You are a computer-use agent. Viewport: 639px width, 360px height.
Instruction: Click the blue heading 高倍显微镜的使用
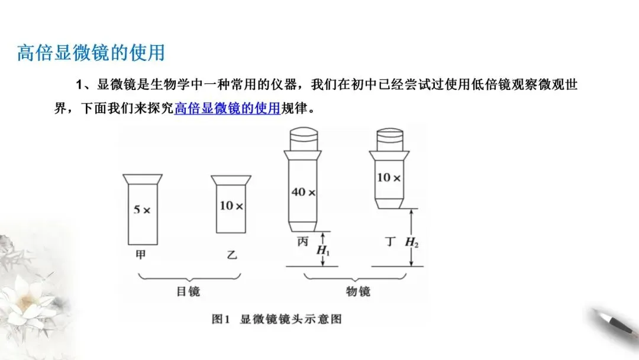(x=91, y=53)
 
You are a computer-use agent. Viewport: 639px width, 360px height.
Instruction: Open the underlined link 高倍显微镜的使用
(x=227, y=110)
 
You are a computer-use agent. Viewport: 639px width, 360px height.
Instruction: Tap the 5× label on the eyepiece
(x=141, y=210)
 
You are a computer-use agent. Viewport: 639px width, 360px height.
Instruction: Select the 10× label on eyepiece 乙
(x=231, y=206)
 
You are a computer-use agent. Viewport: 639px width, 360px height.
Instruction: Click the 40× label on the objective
(x=303, y=192)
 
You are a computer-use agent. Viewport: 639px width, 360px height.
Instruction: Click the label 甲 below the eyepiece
(x=140, y=254)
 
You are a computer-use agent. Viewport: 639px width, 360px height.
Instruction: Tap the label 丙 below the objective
(x=302, y=242)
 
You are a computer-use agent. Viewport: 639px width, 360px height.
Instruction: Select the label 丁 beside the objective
(x=389, y=242)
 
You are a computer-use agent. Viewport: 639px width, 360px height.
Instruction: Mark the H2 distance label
(x=412, y=242)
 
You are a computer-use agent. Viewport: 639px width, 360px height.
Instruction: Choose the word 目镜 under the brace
(x=188, y=291)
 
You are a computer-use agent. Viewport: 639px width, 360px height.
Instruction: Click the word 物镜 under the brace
(x=358, y=291)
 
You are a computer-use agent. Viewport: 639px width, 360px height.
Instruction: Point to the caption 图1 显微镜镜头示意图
(x=277, y=319)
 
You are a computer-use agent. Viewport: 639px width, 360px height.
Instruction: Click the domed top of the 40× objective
(x=303, y=137)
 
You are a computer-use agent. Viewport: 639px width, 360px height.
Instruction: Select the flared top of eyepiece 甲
(x=142, y=179)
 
